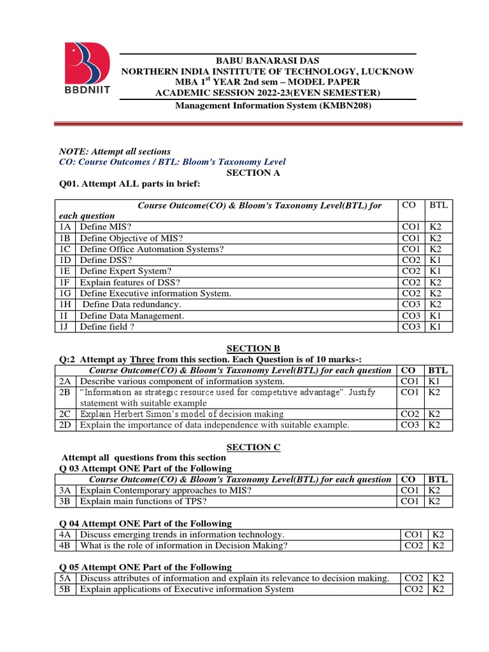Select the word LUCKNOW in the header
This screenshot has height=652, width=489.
pos(389,71)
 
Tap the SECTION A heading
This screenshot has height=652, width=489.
pos(253,173)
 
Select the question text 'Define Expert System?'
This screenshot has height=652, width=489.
pos(126,271)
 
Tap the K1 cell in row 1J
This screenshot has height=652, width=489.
pos(435,327)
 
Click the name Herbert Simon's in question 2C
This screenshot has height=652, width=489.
pos(144,414)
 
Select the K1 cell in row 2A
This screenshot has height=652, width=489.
pos(435,381)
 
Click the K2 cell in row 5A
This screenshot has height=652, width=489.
pos(439,578)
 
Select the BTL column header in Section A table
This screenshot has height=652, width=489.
pos(439,205)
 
